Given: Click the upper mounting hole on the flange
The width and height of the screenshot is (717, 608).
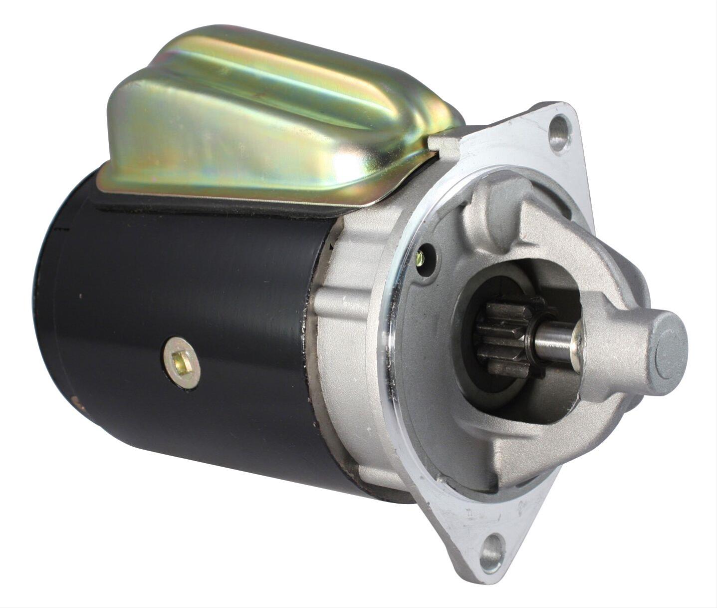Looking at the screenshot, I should (560, 128).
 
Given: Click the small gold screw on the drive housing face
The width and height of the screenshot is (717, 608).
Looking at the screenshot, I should (421, 258).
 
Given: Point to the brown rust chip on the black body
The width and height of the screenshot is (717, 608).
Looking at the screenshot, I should (76, 401).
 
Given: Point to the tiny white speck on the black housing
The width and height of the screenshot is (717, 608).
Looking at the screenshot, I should (80, 296).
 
